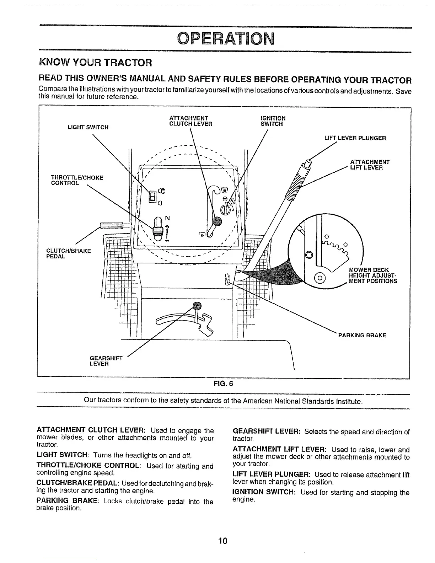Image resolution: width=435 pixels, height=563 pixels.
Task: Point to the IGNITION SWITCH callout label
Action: (x=273, y=121)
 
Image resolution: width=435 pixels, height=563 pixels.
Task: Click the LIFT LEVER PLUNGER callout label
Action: (x=355, y=138)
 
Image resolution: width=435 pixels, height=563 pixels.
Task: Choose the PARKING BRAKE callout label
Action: (x=362, y=335)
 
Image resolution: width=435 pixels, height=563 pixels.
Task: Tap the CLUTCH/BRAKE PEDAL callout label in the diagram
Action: (x=69, y=254)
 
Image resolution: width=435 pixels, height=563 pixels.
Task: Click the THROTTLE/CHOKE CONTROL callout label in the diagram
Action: (x=77, y=180)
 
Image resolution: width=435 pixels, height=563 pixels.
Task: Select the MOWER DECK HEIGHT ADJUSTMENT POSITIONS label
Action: (x=373, y=275)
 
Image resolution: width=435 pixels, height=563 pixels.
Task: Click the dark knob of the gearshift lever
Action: (x=197, y=306)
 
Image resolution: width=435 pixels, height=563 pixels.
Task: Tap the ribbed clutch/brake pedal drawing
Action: (x=111, y=225)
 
